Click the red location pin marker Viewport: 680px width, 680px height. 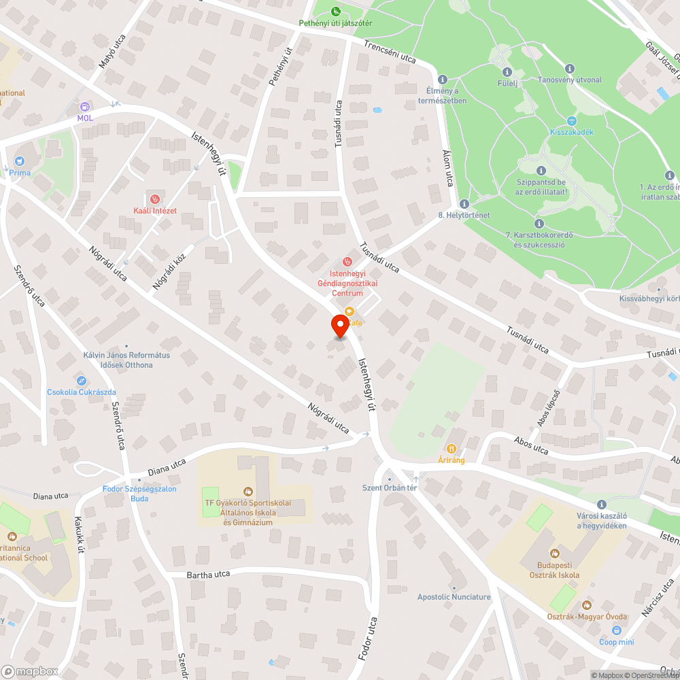pyautogui.click(x=339, y=326)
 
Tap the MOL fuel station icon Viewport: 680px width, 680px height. pyautogui.click(x=84, y=107)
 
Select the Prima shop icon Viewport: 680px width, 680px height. pyautogui.click(x=18, y=162)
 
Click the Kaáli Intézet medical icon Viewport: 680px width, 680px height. pyautogui.click(x=154, y=199)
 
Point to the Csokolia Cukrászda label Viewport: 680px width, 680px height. pyautogui.click(x=81, y=392)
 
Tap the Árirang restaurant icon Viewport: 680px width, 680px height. pyautogui.click(x=451, y=448)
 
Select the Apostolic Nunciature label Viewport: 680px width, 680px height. pyautogui.click(x=454, y=597)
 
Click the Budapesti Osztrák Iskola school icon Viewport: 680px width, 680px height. pyautogui.click(x=554, y=553)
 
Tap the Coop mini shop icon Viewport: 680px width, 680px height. pyautogui.click(x=616, y=631)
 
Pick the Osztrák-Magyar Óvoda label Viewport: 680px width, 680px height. pyautogui.click(x=587, y=617)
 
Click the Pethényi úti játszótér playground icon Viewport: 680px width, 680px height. pyautogui.click(x=336, y=11)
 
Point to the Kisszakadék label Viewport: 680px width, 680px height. pyautogui.click(x=571, y=131)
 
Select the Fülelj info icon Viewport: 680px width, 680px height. pyautogui.click(x=507, y=72)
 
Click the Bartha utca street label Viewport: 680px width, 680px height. pyautogui.click(x=209, y=575)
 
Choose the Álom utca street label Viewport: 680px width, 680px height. pyautogui.click(x=448, y=169)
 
